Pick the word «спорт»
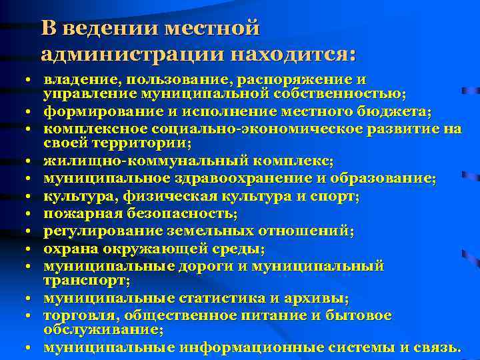tap(337, 197)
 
